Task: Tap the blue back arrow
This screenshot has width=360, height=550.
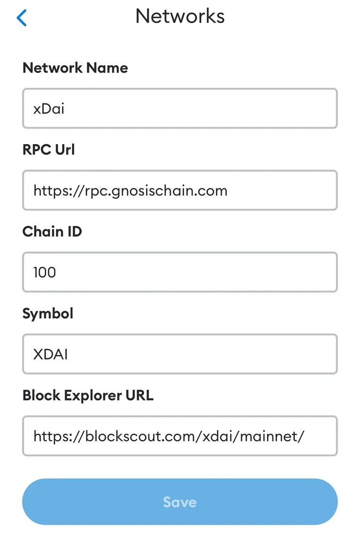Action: tap(21, 18)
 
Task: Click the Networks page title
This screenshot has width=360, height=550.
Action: tap(180, 17)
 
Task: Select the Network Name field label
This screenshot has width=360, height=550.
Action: tap(75, 68)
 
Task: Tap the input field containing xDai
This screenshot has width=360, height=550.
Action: tap(180, 109)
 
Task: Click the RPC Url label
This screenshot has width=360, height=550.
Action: tap(49, 149)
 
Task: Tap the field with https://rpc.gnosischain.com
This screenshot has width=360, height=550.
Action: tap(180, 190)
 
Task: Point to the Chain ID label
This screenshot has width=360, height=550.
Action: tap(52, 231)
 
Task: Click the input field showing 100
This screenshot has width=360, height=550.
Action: tap(180, 272)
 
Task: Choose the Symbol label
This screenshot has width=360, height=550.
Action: tap(48, 313)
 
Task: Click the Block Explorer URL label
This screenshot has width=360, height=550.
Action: tap(88, 395)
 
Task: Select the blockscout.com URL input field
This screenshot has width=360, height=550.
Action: tap(180, 436)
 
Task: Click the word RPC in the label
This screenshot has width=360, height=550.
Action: tap(37, 149)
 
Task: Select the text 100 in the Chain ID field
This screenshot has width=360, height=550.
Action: tap(45, 272)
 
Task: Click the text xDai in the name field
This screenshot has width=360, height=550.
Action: tap(49, 109)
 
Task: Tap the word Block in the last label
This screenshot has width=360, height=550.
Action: tap(39, 395)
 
